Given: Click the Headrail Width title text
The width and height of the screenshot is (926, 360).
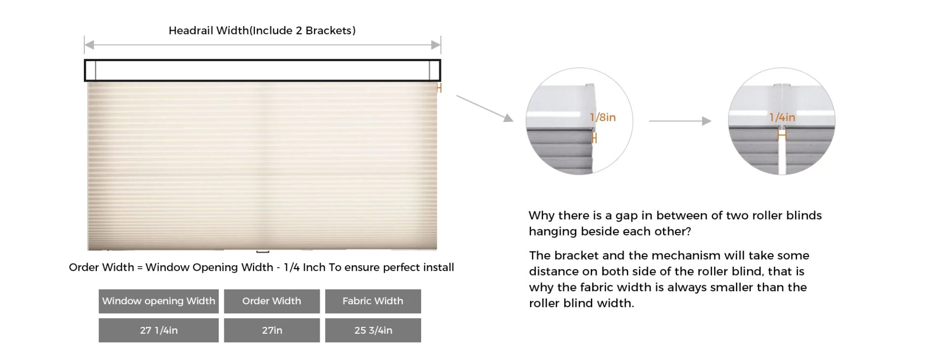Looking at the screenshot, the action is point(262,31).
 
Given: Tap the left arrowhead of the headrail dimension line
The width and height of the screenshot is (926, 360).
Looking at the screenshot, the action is point(89,45).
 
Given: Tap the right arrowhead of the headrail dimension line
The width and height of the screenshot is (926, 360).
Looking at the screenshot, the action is point(436,45).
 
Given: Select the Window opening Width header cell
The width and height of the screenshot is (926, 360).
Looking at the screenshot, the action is point(159,301).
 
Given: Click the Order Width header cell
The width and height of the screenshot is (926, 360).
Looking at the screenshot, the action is point(272,301).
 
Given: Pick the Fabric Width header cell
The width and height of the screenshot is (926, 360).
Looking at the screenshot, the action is point(373,301).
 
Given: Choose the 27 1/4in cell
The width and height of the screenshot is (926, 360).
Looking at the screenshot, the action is point(159,330).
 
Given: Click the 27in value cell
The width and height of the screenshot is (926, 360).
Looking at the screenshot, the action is point(272,330).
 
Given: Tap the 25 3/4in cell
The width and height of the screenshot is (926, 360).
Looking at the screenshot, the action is point(373,330).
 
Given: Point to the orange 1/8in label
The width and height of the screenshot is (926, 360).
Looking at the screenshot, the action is point(603,117).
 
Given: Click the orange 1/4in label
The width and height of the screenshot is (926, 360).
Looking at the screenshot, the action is point(782,117).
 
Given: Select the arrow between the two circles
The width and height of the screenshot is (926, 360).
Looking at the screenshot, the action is point(680,121).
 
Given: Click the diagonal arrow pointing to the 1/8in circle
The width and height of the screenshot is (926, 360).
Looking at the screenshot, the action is point(485,108).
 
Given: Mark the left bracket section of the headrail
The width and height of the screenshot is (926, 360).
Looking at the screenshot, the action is point(90,70).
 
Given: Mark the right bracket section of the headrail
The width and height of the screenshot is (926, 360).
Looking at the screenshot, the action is point(435,70).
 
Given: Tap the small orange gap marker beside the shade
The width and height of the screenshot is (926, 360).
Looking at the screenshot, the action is point(439,88).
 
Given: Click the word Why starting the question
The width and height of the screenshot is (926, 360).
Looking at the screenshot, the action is point(542,216).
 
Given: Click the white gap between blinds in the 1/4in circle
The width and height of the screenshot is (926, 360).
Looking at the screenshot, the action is point(782,156).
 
